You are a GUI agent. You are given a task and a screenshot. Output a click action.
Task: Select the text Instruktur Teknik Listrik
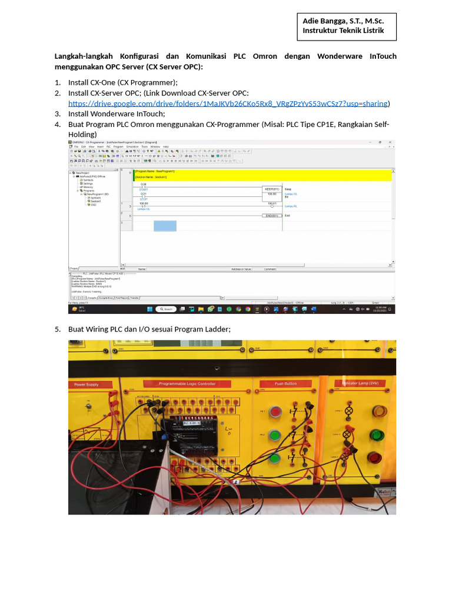(343, 30)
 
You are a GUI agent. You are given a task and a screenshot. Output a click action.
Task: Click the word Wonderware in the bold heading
(342, 56)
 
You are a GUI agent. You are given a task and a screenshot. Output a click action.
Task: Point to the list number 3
(58, 114)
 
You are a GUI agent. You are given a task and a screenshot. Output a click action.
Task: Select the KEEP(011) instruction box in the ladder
(271, 188)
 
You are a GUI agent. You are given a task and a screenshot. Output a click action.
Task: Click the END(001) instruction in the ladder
(271, 216)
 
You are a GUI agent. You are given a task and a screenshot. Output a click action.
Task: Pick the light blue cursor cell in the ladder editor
(165, 226)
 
